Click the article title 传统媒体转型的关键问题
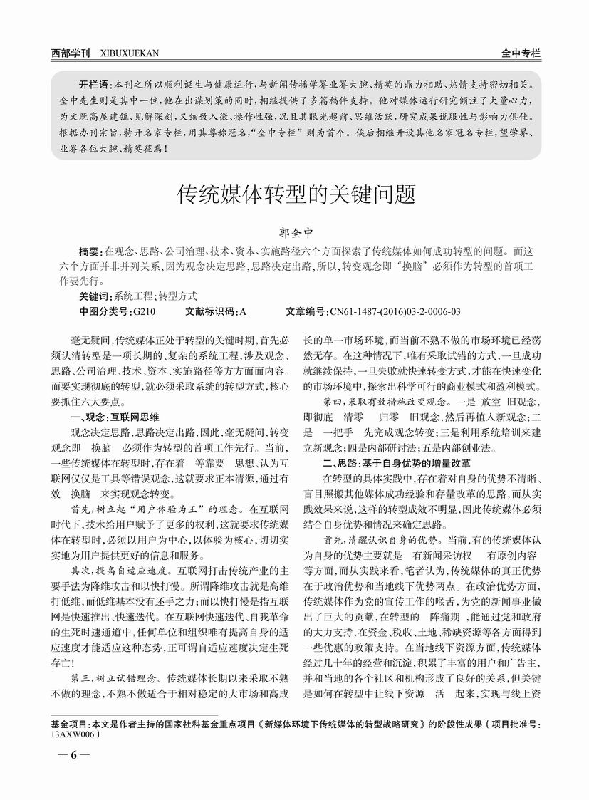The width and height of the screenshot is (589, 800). pos(295,194)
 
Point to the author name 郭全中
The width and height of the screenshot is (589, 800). pos(294,232)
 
